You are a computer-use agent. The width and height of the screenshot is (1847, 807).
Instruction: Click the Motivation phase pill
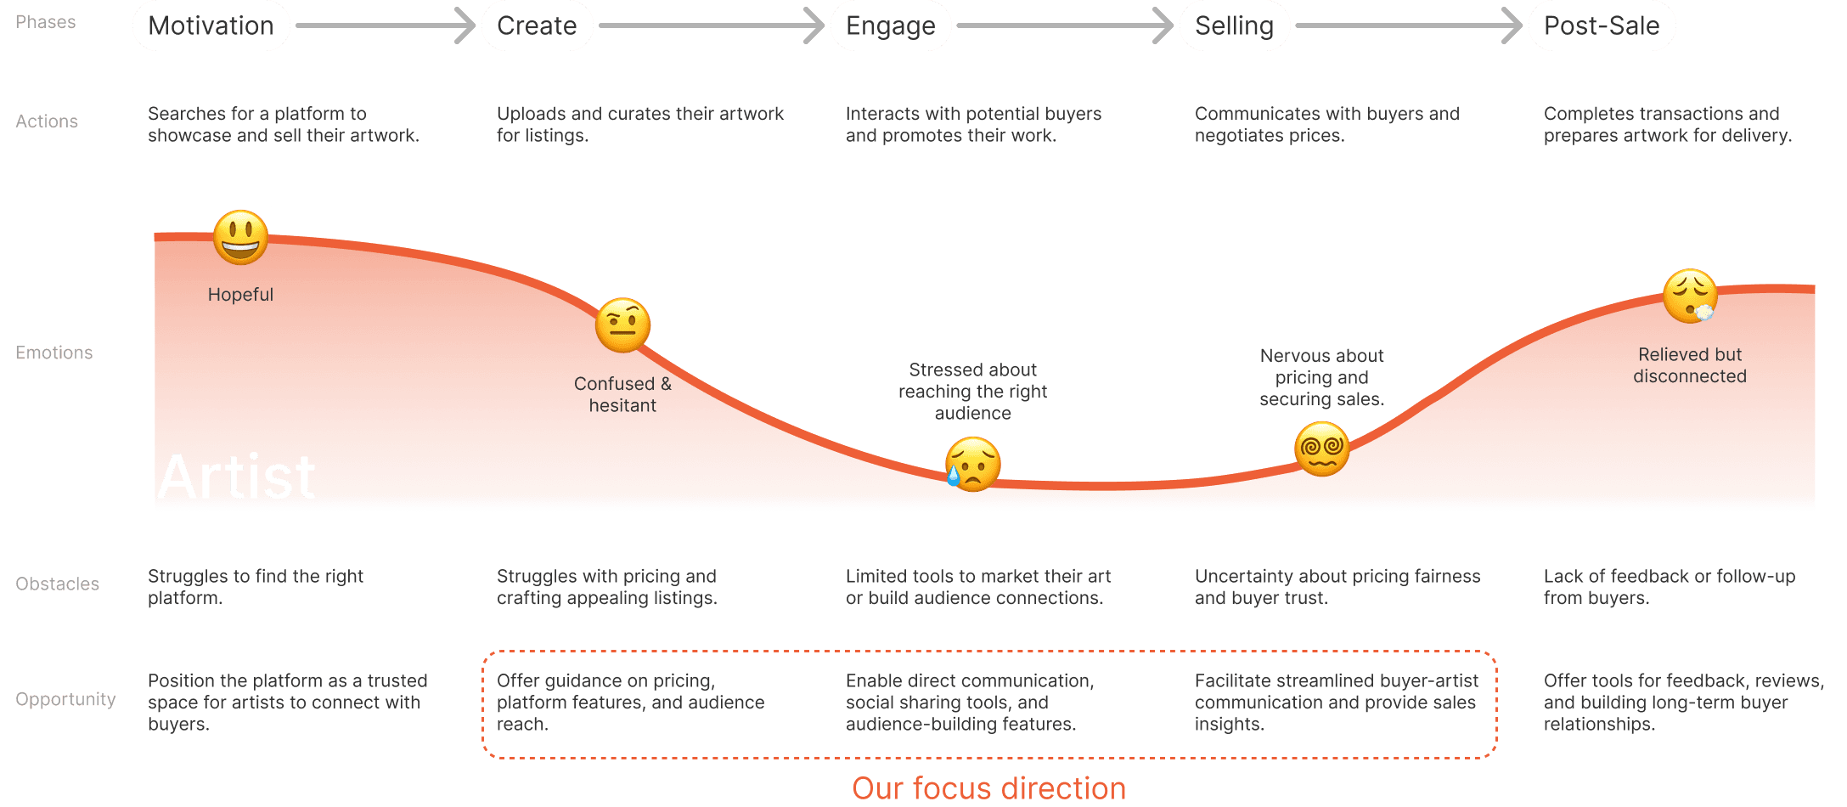click(x=211, y=25)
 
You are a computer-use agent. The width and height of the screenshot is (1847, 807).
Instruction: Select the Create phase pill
click(x=537, y=25)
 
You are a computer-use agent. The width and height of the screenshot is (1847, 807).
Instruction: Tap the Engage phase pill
click(x=891, y=25)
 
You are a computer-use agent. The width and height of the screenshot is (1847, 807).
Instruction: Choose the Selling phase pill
click(x=1234, y=25)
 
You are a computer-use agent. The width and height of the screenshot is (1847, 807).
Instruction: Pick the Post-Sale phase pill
click(x=1602, y=25)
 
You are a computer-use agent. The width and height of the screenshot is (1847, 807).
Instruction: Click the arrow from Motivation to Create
click(x=386, y=25)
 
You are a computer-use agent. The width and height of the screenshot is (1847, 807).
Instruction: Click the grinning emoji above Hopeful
click(x=241, y=237)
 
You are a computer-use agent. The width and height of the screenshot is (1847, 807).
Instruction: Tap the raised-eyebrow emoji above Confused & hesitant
click(x=623, y=325)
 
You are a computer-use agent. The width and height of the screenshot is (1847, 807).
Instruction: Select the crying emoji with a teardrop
click(x=973, y=464)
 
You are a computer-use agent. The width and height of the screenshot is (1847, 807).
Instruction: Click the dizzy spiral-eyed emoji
click(x=1322, y=449)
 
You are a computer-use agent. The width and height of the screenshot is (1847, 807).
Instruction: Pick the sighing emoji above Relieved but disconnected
click(x=1690, y=296)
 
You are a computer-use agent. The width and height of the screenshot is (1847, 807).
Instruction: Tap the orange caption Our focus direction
click(x=989, y=788)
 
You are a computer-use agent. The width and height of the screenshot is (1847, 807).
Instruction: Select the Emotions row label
click(x=54, y=353)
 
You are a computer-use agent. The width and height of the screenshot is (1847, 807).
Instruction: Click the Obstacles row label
click(x=58, y=584)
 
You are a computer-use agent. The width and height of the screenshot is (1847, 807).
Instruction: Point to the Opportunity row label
click(x=65, y=699)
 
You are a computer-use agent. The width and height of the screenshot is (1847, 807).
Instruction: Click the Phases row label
click(x=46, y=22)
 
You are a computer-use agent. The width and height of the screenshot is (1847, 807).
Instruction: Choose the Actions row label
click(x=47, y=121)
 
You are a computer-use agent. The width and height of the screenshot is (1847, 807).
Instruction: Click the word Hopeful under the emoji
click(x=240, y=295)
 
